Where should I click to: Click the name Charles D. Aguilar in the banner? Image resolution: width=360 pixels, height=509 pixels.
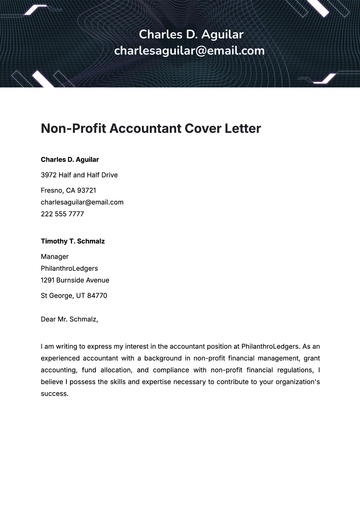click(x=190, y=34)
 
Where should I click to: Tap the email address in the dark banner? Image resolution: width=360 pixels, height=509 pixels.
click(x=189, y=50)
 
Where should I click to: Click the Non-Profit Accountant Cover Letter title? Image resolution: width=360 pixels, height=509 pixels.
click(x=150, y=129)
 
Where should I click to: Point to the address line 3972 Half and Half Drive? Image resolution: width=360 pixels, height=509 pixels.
click(x=79, y=175)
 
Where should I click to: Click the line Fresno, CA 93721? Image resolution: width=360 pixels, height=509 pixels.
click(x=68, y=190)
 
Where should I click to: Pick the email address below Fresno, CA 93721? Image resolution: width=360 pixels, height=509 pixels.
click(x=82, y=202)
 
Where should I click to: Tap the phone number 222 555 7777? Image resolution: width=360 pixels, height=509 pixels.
click(x=62, y=214)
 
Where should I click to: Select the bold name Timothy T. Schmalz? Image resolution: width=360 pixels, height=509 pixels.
click(x=73, y=241)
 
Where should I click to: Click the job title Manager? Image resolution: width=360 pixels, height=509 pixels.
click(x=56, y=256)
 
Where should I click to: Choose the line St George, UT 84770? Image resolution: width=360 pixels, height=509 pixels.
click(x=74, y=296)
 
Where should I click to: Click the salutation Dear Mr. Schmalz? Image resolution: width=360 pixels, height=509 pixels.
click(x=69, y=320)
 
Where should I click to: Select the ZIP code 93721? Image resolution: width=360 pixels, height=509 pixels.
click(x=86, y=190)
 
